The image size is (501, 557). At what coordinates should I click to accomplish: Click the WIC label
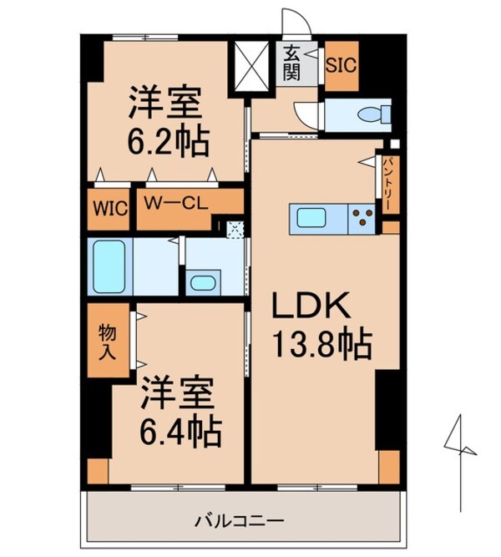(109, 207)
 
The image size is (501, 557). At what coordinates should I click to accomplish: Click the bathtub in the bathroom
(109, 266)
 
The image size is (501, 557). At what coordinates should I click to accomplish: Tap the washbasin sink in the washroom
(202, 281)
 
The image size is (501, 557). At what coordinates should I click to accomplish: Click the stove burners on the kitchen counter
(362, 220)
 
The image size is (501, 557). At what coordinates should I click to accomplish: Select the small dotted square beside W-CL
(235, 225)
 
